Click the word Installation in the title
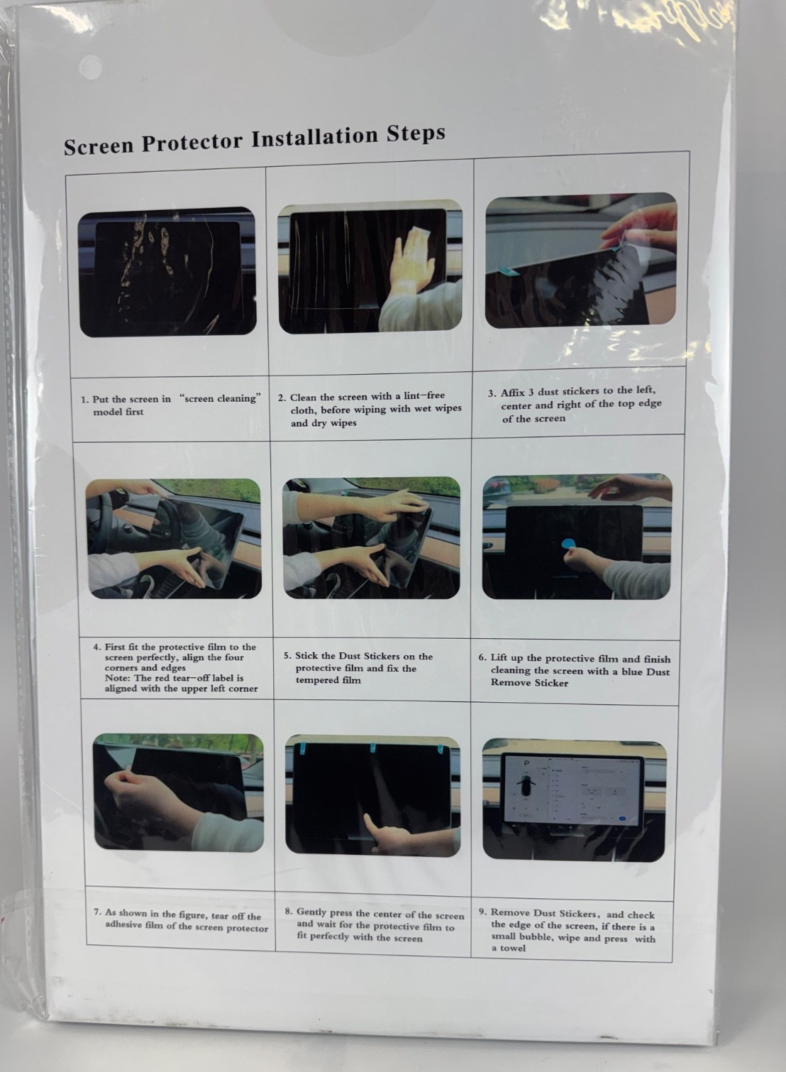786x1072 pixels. point(315,138)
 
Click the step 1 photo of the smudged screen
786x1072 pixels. point(167,272)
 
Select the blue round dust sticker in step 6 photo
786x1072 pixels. point(568,544)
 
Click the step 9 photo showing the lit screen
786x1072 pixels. point(574,800)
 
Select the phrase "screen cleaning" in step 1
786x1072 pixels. point(221,398)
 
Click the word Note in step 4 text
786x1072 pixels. point(116,678)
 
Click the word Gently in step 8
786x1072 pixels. point(311,912)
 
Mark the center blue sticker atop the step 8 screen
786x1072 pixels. point(373,748)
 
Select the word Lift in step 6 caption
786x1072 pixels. point(499,658)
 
